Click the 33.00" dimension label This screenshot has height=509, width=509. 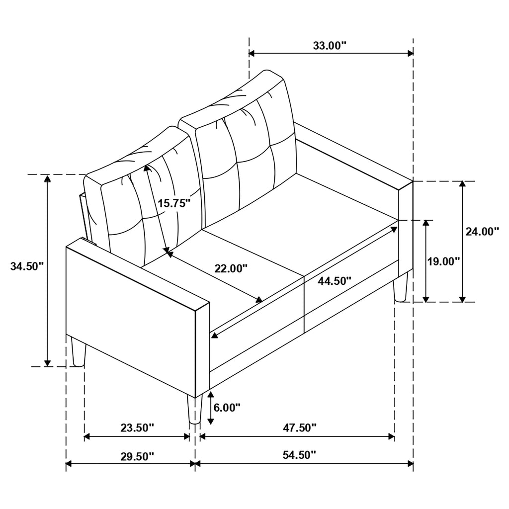tap(330, 46)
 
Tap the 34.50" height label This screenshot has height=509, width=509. tap(27, 266)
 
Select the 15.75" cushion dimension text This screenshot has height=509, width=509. tap(174, 203)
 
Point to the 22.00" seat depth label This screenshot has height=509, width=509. tap(231, 268)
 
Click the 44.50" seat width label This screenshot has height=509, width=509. tap(335, 281)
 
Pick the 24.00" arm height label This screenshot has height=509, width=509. tap(482, 232)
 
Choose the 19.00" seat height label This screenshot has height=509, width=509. tap(443, 261)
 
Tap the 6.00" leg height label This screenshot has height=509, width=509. tap(227, 408)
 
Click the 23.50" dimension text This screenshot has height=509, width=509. tap(137, 428)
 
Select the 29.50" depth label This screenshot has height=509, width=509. tap(137, 457)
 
